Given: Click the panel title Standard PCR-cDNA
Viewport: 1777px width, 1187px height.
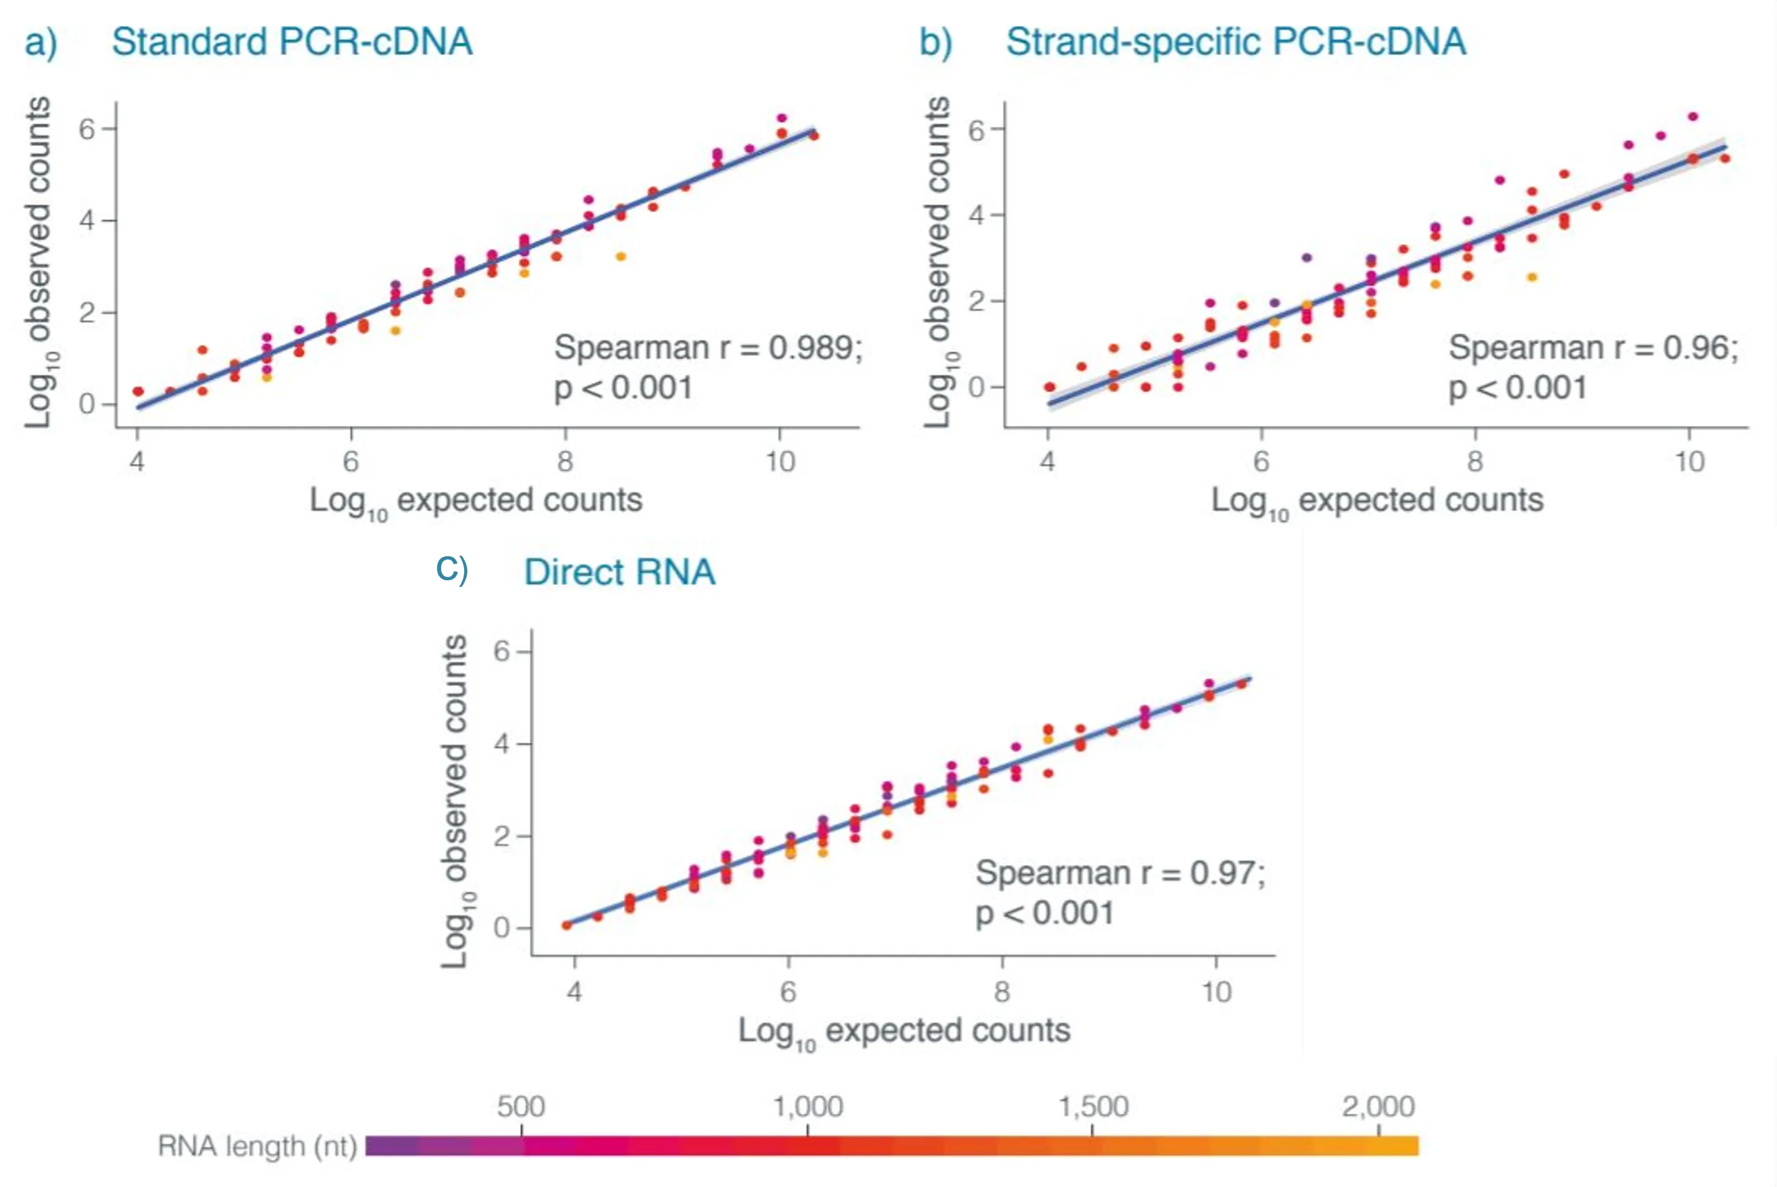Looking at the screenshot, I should click(292, 41).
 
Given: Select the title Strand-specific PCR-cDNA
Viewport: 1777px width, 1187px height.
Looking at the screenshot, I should click(1235, 41).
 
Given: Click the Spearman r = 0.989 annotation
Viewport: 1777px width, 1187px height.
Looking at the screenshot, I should click(708, 348).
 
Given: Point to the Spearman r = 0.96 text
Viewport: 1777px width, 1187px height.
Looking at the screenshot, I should click(1593, 348).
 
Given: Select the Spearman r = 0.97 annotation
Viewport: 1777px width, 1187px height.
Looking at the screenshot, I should click(1120, 873).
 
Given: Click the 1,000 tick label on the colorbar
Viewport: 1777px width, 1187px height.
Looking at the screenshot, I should click(807, 1107).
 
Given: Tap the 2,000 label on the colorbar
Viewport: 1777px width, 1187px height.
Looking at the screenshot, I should click(1378, 1107).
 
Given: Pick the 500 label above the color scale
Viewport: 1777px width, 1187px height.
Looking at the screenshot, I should click(521, 1107).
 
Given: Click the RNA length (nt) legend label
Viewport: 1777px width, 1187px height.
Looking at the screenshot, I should click(257, 1146).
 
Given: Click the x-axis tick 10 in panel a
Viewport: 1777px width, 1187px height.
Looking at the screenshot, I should click(780, 461).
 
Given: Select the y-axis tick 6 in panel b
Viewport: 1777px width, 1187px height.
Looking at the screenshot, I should click(977, 130).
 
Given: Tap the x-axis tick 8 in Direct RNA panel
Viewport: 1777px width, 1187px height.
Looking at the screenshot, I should click(1002, 992).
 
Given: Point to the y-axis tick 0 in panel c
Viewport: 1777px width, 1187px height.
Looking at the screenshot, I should click(501, 928).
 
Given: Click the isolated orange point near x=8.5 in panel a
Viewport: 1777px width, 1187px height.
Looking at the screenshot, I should click(620, 257).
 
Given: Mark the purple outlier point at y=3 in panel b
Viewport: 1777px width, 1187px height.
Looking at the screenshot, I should click(1306, 257).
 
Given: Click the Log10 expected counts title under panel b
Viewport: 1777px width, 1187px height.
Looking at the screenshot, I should click(1377, 501).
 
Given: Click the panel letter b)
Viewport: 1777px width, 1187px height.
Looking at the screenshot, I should click(935, 42).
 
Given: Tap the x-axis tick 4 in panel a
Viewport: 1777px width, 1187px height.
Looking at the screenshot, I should click(137, 461).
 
